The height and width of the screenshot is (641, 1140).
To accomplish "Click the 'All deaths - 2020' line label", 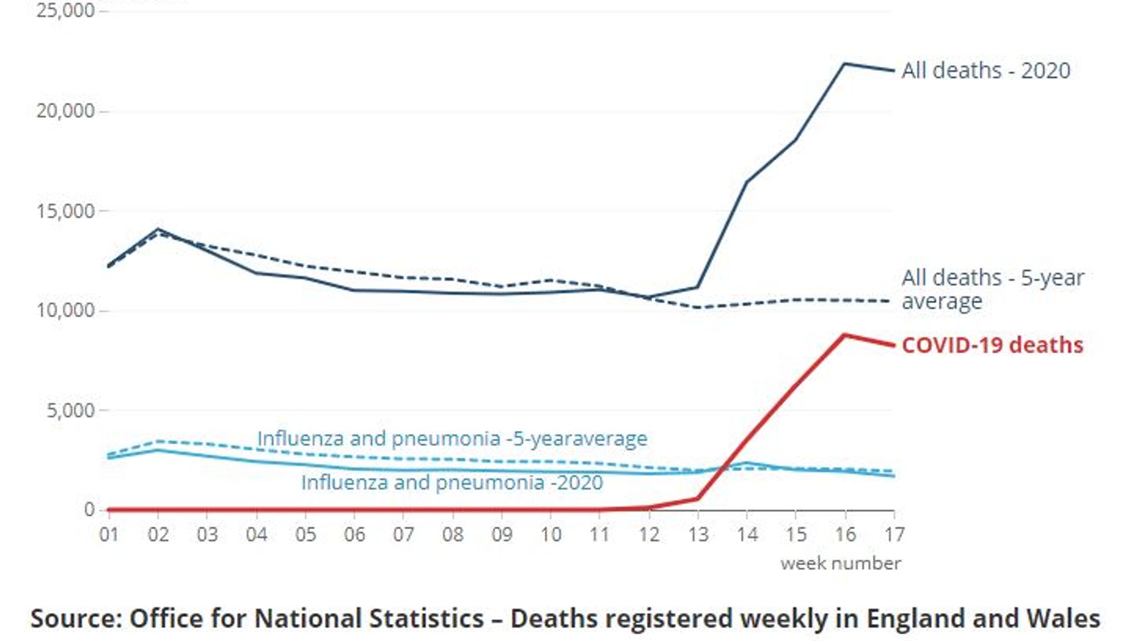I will coord(985,71).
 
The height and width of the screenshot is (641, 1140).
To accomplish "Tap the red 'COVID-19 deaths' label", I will coord(992,345).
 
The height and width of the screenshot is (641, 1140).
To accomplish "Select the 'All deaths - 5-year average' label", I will coord(992,289).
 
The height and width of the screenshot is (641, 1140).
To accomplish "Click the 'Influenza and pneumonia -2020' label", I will coord(451,482).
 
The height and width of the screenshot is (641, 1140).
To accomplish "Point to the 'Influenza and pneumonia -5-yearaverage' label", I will coord(451,438).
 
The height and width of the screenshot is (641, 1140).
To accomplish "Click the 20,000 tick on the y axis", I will coord(65,111).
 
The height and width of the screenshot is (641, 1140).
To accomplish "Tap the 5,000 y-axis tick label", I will coord(70,411).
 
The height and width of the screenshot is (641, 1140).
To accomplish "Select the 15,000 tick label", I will coord(65,211).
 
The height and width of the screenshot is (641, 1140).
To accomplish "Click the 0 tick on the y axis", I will coord(89,510).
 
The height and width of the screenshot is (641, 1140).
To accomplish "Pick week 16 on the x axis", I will coord(845,535).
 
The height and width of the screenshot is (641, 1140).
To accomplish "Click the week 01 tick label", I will coord(109,535).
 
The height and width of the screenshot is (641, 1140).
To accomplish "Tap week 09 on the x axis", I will coord(501,535).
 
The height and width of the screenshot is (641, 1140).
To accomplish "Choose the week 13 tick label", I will coord(698,535).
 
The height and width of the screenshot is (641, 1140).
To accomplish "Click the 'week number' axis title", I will coord(840,564).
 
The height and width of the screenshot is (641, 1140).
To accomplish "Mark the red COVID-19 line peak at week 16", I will coord(845,335).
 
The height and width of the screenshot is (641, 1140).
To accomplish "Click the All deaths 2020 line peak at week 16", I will coord(845,63).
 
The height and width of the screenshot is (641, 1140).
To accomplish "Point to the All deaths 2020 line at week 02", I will coord(158,229).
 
